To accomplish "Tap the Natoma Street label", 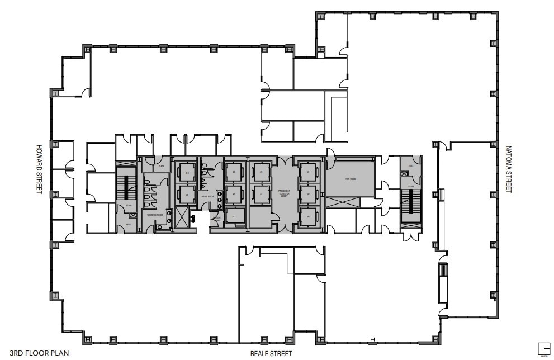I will click(508, 169).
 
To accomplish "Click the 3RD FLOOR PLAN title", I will click(31, 353).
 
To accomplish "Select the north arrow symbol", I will click(543, 347).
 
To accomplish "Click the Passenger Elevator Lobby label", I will click(284, 193).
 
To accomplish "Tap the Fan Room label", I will click(350, 179).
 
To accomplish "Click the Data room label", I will click(161, 167).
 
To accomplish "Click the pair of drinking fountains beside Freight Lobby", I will click(194, 217).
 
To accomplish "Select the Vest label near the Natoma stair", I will click(411, 165).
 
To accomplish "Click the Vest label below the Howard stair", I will click(128, 224).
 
